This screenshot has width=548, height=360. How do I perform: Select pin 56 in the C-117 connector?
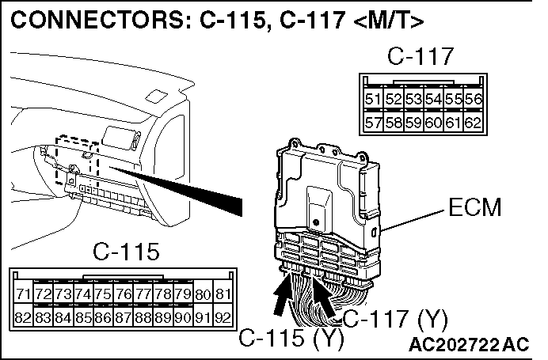[473, 100]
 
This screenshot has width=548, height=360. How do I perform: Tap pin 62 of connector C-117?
[473, 123]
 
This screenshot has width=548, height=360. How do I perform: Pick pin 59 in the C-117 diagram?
[413, 123]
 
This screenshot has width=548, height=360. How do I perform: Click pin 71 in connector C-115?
[24, 295]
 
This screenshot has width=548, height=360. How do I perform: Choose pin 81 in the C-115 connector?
[223, 295]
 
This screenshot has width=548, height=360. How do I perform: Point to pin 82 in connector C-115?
[24, 319]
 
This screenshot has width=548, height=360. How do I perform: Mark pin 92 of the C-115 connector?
[223, 319]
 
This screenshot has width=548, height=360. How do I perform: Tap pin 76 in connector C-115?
[124, 295]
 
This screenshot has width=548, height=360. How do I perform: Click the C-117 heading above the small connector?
[422, 57]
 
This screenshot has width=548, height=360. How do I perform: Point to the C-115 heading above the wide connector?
[126, 252]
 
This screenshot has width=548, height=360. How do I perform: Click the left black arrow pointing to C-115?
[281, 298]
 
